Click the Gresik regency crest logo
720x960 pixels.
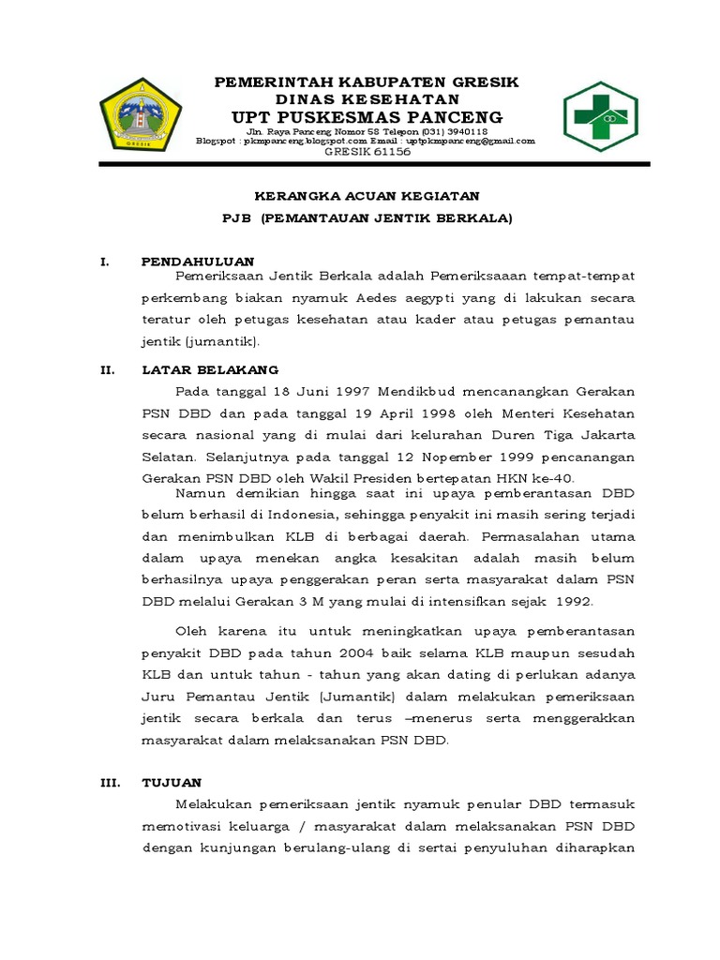coord(141,118)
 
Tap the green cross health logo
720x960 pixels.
coord(600,117)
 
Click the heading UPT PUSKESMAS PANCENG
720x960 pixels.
coord(367,117)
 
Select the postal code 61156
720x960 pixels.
coord(387,152)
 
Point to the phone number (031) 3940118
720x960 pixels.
coord(453,132)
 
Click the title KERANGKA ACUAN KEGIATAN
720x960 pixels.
coord(367,196)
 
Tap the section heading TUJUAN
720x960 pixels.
coord(172,781)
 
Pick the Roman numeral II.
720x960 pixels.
coord(107,369)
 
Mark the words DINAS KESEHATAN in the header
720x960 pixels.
coord(367,98)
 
